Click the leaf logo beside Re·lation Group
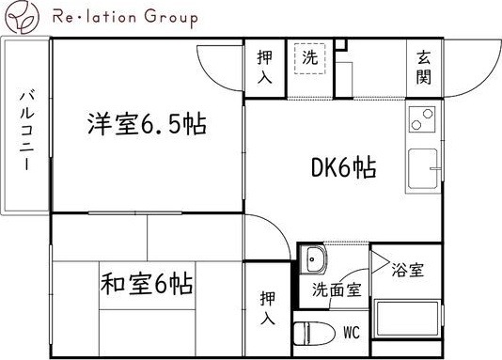click(19, 16)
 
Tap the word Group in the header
click(169, 17)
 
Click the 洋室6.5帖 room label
click(148, 124)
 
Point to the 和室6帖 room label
click(147, 282)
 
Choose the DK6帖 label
click(344, 168)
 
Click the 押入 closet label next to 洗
click(265, 68)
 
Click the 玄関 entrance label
click(424, 68)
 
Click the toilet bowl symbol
click(307, 333)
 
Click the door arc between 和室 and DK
click(268, 230)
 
